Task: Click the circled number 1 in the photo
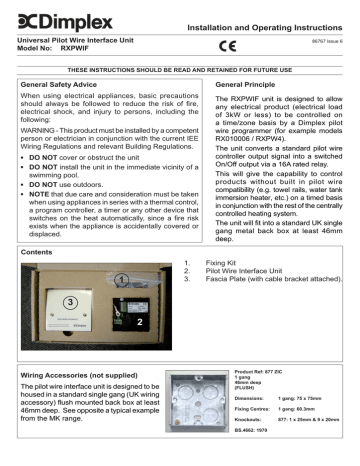pos(119,306)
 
